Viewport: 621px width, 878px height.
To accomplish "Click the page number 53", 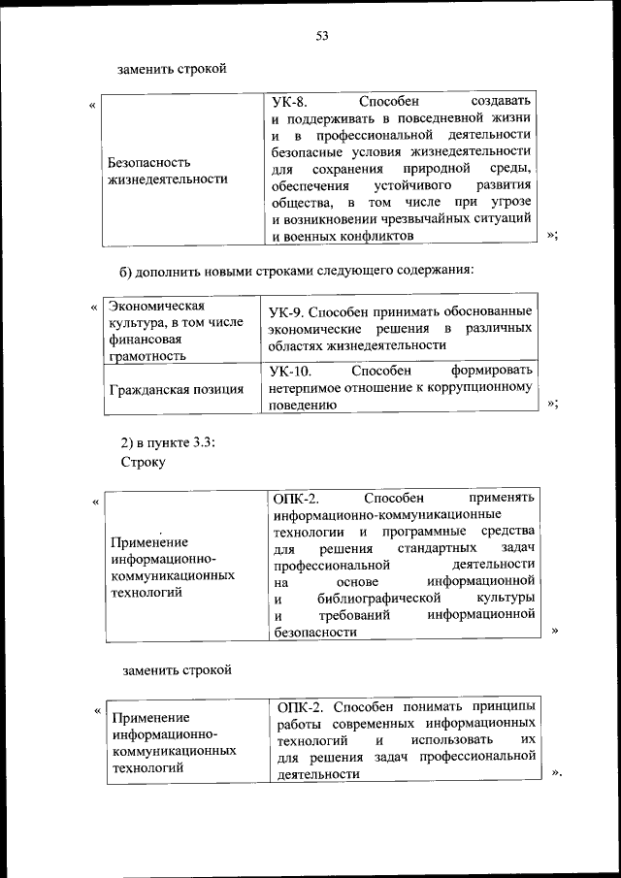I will point(322,36).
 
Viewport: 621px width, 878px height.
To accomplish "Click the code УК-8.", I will point(287,101).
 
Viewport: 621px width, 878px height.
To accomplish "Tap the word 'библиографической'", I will point(373,598).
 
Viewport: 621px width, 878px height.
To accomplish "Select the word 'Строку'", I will point(145,462).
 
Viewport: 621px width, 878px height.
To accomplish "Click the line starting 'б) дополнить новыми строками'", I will point(296,269).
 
